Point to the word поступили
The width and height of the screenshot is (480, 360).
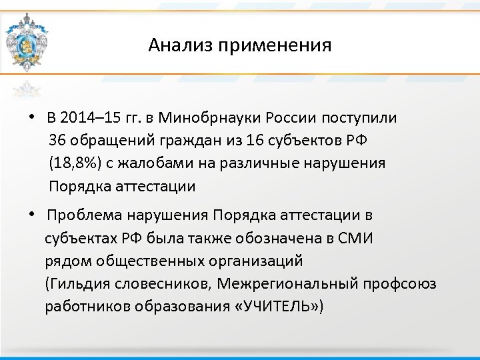tap(359, 119)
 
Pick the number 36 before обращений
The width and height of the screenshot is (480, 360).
tap(57, 141)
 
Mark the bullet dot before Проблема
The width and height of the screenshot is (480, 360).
tap(31, 215)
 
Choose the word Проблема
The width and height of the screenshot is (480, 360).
tap(81, 216)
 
